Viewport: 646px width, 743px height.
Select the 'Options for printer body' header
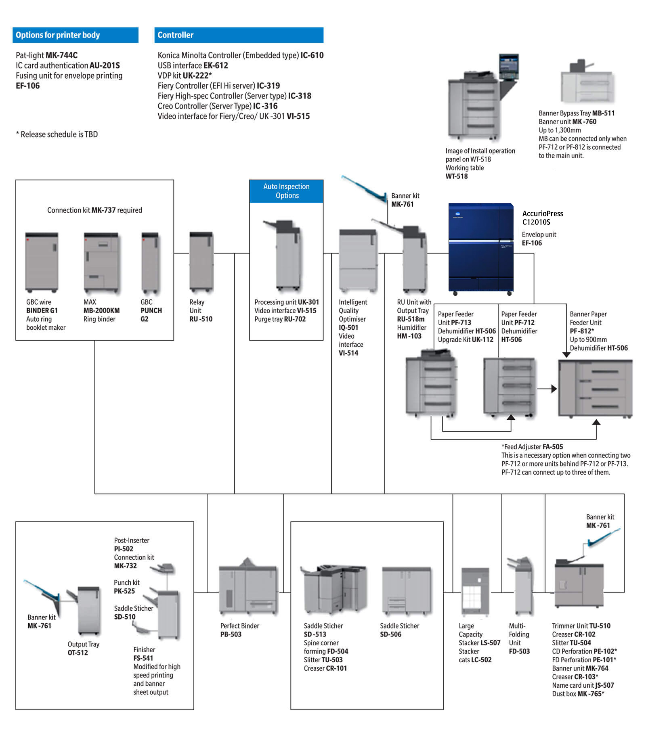coord(76,35)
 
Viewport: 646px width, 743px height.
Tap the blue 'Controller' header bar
coord(239,35)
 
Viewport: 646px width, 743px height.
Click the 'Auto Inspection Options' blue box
coord(286,191)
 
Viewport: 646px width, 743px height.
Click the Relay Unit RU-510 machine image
coord(201,261)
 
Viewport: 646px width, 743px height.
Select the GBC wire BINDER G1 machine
coord(42,262)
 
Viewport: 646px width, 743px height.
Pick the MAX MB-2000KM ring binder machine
coord(101,262)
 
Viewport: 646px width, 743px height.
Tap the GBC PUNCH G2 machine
coord(150,262)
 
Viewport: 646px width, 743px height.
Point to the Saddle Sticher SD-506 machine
coord(406,591)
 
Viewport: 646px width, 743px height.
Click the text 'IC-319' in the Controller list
coord(268,86)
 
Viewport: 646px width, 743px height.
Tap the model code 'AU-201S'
coord(105,65)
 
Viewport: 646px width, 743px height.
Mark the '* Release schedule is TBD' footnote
coord(57,134)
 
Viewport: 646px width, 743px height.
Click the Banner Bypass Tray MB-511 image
coord(586,83)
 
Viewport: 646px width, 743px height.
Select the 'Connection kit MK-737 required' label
coord(94,210)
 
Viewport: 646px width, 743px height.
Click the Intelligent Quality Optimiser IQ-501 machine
coord(358,260)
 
